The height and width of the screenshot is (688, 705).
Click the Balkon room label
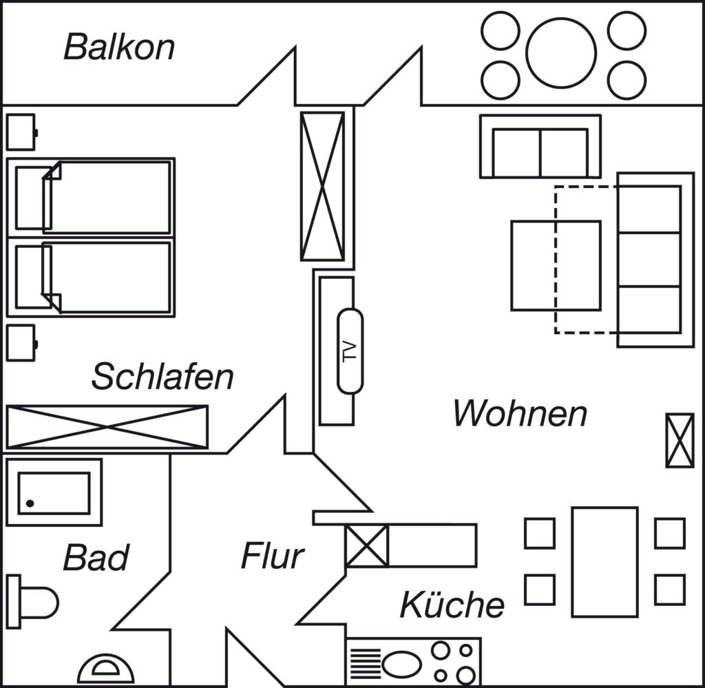(x=119, y=47)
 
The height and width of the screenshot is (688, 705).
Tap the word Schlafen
(x=162, y=377)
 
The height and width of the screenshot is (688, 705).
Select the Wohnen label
(x=520, y=413)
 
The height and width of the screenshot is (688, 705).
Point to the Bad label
(x=96, y=558)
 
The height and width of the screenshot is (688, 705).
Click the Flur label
(x=273, y=556)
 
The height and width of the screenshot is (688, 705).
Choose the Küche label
(x=452, y=604)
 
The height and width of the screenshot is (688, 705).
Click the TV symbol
(x=350, y=351)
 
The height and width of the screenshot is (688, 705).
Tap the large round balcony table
(x=561, y=53)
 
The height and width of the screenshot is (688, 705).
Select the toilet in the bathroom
(x=32, y=602)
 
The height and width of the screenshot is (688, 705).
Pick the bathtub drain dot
(x=30, y=503)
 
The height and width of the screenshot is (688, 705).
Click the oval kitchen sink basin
(x=401, y=664)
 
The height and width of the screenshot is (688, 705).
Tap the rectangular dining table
(x=604, y=562)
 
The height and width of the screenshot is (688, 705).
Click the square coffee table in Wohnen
(x=556, y=266)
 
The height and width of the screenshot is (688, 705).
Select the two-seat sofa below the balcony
(x=540, y=147)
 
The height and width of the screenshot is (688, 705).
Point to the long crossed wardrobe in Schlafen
(x=107, y=427)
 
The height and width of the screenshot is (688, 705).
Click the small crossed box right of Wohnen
(x=680, y=441)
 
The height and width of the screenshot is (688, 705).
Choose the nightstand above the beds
(x=21, y=132)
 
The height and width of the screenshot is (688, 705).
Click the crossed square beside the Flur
(x=367, y=546)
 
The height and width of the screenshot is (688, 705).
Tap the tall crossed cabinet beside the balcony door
(x=322, y=186)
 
